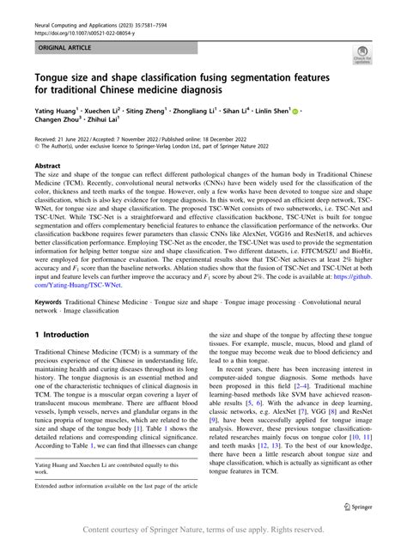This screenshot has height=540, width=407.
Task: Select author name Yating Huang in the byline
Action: (59, 111)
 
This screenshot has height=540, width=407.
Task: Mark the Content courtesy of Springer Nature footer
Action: (203, 530)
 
